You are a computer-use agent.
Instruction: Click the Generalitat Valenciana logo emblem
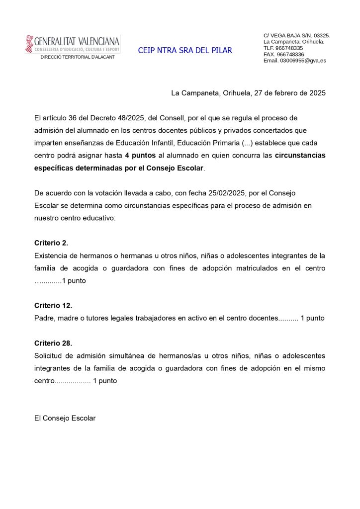[x=29, y=44]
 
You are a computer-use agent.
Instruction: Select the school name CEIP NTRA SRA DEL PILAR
[x=185, y=51]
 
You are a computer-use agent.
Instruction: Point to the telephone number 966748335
[x=289, y=48]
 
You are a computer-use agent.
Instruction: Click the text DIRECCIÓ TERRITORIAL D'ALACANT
[x=77, y=57]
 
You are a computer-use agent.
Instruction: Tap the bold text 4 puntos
[x=140, y=155]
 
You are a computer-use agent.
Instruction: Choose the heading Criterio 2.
[x=51, y=243]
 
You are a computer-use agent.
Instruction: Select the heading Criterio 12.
[x=53, y=306]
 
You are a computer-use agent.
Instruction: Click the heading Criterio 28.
[x=53, y=343]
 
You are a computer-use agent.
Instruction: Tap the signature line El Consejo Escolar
[x=65, y=419]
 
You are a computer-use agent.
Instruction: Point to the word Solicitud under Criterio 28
[x=49, y=356]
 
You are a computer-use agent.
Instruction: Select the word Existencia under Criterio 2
[x=52, y=255]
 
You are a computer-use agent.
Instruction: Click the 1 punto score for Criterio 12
[x=312, y=318]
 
